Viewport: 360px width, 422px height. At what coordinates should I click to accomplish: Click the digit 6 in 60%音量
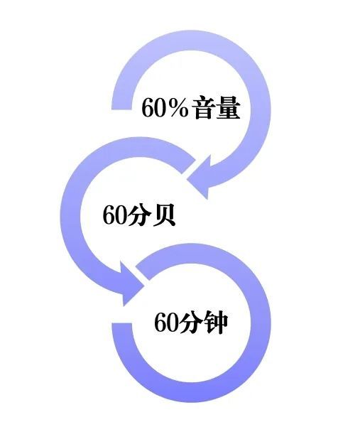pyautogui.click(x=148, y=107)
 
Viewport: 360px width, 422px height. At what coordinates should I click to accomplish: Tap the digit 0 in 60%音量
pyautogui.click(x=159, y=107)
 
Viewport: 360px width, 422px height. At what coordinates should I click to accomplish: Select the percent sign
pyautogui.click(x=177, y=107)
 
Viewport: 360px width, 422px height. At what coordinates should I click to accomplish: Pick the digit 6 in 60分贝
pyautogui.click(x=109, y=215)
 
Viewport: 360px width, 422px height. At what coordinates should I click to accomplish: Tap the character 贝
pyautogui.click(x=163, y=215)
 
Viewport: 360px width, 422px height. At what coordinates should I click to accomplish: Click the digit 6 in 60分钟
pyautogui.click(x=160, y=322)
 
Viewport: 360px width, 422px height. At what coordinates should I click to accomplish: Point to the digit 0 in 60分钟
pyautogui.click(x=173, y=322)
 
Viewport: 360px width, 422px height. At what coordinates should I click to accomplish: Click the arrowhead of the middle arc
pyautogui.click(x=131, y=284)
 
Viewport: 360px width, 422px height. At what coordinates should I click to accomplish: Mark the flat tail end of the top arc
pyautogui.click(x=122, y=109)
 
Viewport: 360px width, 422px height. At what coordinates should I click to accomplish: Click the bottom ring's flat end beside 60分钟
pyautogui.click(x=122, y=324)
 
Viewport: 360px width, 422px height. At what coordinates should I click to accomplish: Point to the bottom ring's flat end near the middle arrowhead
pyautogui.click(x=142, y=272)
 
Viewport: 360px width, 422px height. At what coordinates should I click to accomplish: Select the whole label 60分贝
pyautogui.click(x=139, y=215)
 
